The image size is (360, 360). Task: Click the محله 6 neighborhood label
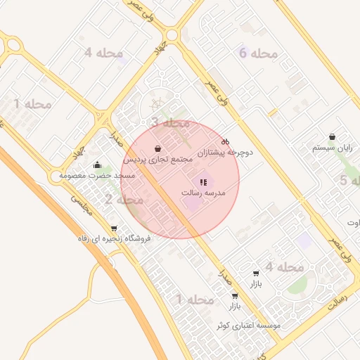point(258,53)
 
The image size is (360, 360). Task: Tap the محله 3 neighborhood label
point(170,122)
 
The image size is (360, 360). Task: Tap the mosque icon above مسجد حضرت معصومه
point(96,165)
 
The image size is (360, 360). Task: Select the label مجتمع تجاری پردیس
point(158,160)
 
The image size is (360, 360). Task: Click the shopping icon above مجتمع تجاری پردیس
point(158,149)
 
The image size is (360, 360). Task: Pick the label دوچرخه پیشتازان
point(225,152)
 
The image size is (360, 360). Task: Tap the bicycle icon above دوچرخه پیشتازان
point(225,141)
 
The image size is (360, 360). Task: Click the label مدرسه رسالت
point(203,192)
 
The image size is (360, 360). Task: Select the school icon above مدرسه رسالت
point(203,182)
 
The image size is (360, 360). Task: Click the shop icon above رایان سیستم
point(333,137)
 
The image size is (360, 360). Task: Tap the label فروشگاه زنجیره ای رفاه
point(114,238)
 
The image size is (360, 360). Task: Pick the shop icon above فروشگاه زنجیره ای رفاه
point(114,229)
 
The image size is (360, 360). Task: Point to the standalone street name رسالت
point(338,301)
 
